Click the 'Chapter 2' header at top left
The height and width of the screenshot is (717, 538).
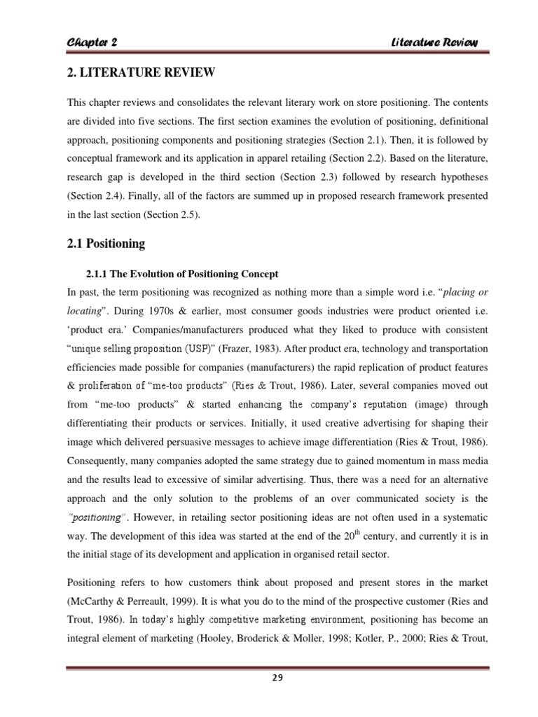(x=91, y=42)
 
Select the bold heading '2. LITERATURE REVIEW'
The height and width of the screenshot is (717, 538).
(x=139, y=74)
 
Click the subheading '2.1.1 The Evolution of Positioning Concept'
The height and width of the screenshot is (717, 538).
(x=181, y=273)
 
